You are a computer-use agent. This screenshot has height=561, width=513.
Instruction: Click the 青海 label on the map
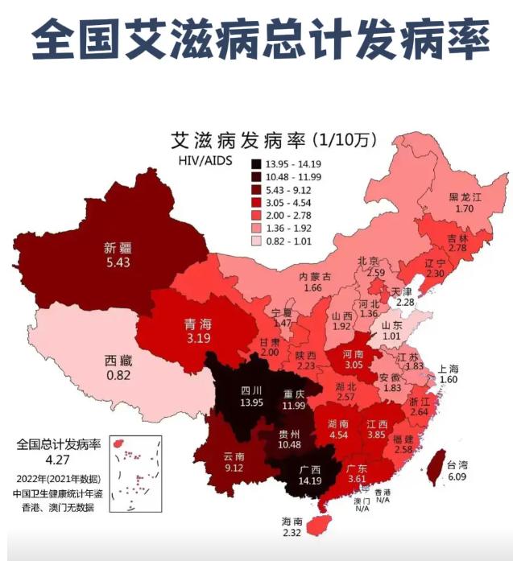pyautogui.click(x=197, y=324)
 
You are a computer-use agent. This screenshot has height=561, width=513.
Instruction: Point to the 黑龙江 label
pyautogui.click(x=465, y=197)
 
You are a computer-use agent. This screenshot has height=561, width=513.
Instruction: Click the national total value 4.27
pyautogui.click(x=58, y=461)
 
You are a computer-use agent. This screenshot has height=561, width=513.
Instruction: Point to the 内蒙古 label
pyautogui.click(x=316, y=276)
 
